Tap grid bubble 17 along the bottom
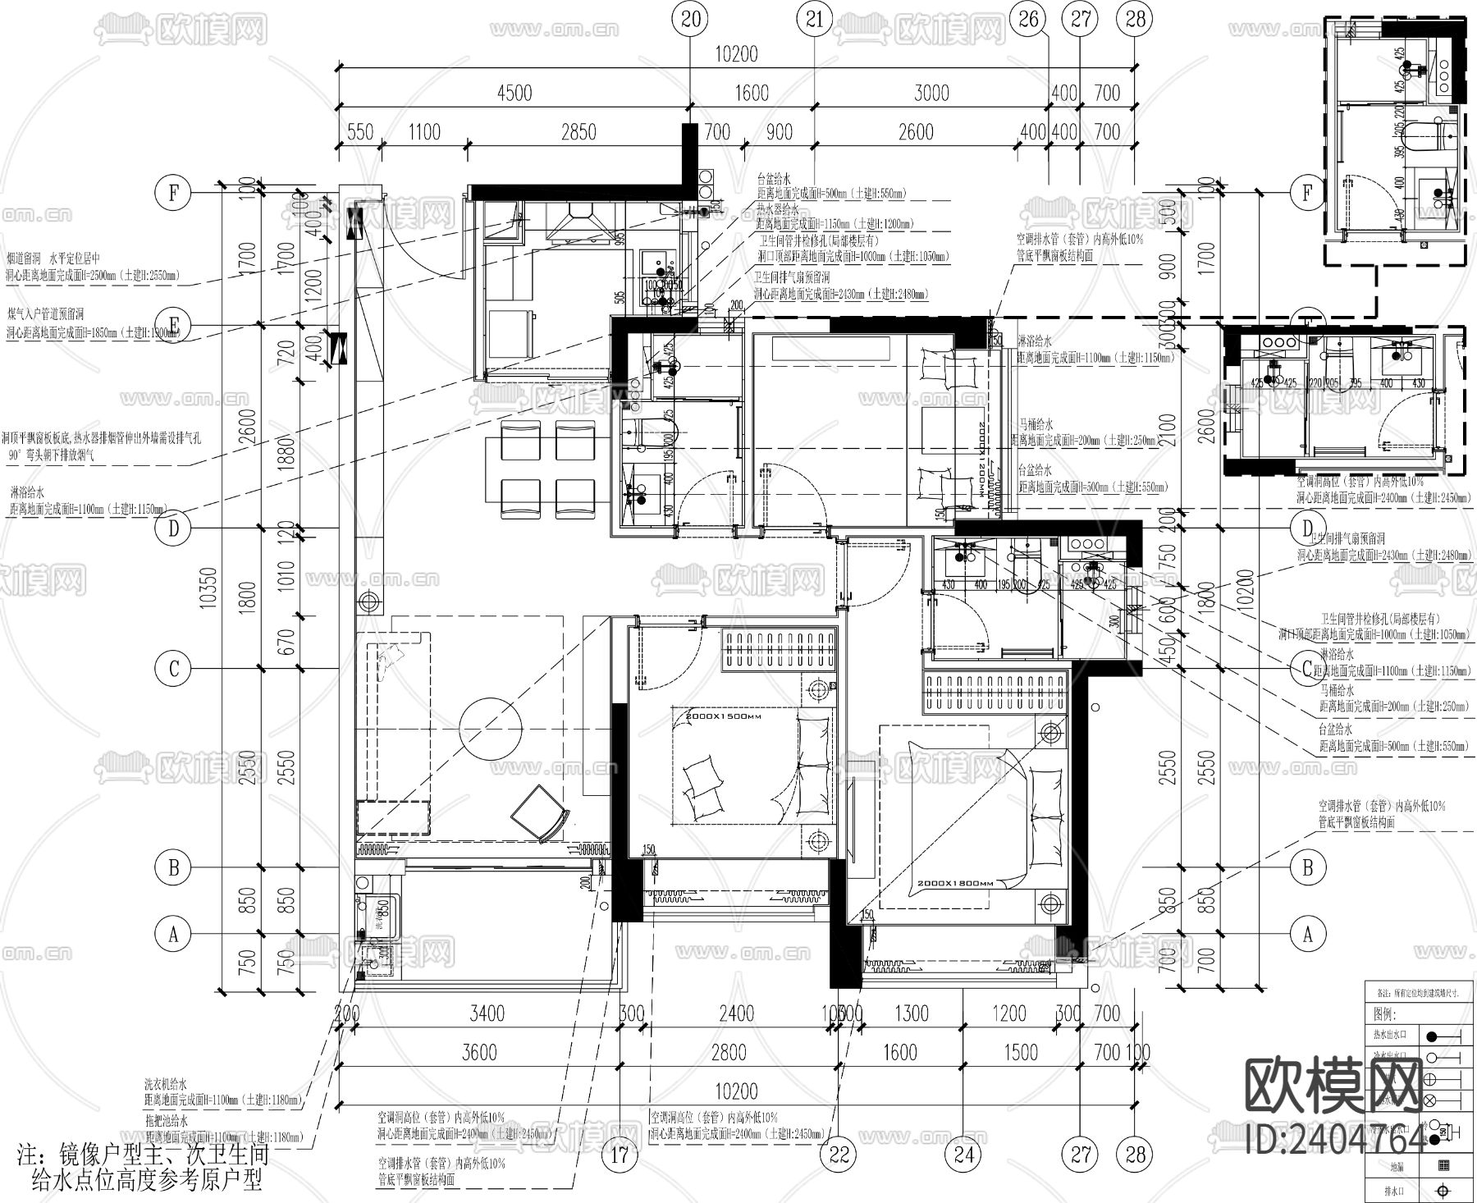(x=620, y=1155)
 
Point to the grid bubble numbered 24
(x=963, y=1155)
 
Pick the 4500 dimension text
(x=514, y=93)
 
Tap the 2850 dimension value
(x=578, y=132)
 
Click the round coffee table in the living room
(x=492, y=727)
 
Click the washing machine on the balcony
(x=379, y=913)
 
